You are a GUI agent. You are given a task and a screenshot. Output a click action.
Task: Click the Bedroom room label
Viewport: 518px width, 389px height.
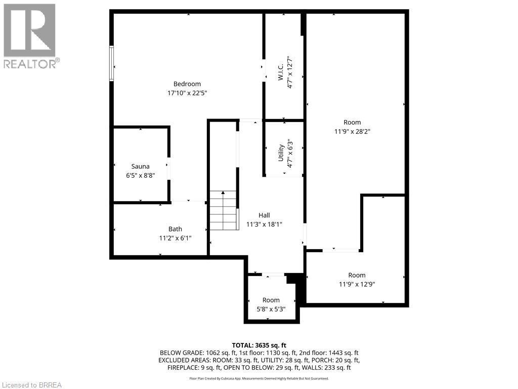tap(187, 84)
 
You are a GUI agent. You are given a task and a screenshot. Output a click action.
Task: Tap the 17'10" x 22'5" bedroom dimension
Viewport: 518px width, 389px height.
tap(187, 93)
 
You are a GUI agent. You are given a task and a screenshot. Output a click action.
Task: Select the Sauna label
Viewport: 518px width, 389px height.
tap(140, 166)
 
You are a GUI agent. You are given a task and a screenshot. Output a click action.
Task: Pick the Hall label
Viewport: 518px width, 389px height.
tap(264, 215)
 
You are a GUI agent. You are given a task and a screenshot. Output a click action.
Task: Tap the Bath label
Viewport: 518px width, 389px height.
tap(175, 229)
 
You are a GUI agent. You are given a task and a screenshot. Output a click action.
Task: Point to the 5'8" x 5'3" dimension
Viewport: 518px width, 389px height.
tap(271, 309)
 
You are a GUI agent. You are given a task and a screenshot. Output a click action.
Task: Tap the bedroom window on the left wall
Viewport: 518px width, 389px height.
tap(111, 63)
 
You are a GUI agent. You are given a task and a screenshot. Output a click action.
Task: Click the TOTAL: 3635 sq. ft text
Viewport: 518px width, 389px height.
tap(259, 344)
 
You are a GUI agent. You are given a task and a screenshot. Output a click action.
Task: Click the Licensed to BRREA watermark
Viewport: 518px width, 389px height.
tap(31, 385)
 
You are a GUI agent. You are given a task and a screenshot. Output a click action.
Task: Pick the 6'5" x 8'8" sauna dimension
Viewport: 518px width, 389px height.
tap(140, 175)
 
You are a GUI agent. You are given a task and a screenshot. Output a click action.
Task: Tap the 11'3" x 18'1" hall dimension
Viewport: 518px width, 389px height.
tap(264, 224)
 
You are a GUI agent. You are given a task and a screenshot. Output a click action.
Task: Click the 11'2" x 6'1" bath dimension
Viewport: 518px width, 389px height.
tap(175, 238)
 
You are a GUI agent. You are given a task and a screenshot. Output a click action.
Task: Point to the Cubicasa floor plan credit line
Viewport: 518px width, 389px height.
tap(259, 378)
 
